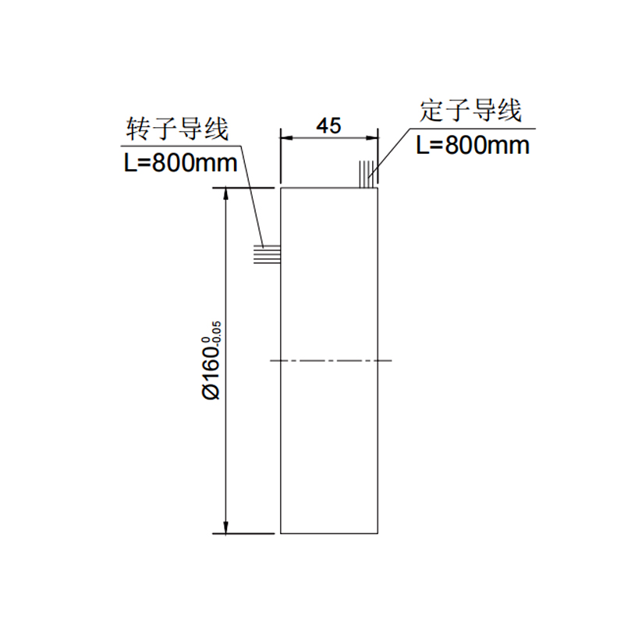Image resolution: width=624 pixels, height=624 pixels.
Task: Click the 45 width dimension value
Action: tap(328, 126)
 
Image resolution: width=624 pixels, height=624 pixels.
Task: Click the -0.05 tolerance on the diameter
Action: tap(218, 335)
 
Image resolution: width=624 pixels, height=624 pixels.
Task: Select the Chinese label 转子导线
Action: tap(177, 129)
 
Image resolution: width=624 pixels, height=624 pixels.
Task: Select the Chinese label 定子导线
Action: tap(470, 111)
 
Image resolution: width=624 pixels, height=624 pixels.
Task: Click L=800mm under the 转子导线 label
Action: tap(181, 163)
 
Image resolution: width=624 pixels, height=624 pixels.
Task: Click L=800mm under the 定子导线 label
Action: tap(473, 145)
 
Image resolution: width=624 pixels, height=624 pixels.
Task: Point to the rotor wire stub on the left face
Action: tap(268, 254)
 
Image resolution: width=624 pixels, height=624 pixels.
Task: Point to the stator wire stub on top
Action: tap(367, 174)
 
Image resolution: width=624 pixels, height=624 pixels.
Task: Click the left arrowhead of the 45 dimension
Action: tap(286, 138)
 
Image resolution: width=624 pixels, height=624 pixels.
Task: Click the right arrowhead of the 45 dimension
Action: tap(372, 138)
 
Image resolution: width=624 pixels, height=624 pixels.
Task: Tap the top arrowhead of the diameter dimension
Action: tap(226, 193)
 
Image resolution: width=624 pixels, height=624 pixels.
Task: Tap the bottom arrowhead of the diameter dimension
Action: tap(226, 527)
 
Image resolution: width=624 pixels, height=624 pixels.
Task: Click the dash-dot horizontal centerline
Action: tap(331, 360)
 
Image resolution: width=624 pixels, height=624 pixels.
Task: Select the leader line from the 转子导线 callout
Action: tap(252, 197)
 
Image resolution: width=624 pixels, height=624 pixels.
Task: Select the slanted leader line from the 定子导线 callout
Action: tap(389, 152)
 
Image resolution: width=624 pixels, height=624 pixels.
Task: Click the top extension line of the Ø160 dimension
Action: tap(243, 187)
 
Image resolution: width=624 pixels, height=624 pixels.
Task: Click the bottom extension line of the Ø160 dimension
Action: tap(243, 534)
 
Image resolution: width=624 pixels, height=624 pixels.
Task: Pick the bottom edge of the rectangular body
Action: tap(329, 534)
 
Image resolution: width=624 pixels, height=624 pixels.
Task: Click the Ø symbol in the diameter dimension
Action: tap(211, 392)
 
